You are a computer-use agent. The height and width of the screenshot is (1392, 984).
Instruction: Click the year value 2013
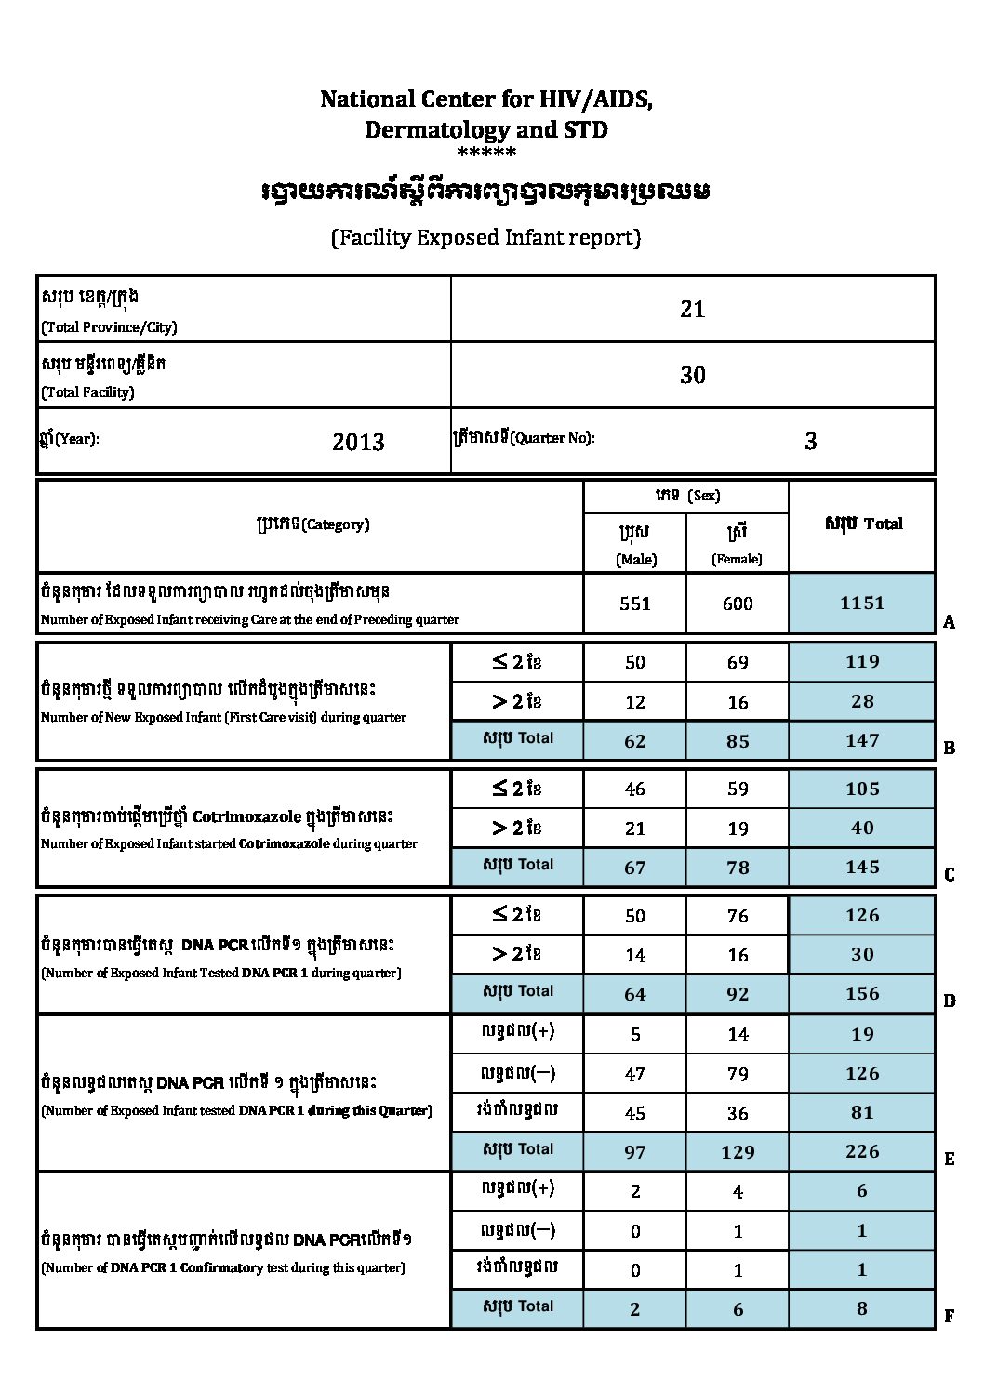click(x=358, y=442)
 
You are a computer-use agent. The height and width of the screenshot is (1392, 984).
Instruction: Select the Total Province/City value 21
click(x=693, y=310)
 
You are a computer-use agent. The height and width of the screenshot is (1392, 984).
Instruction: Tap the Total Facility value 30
click(x=693, y=376)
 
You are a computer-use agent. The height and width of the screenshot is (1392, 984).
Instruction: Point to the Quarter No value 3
click(x=810, y=442)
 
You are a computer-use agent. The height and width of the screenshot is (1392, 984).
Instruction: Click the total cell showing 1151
click(x=861, y=603)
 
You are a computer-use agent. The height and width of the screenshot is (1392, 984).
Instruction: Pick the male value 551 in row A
click(x=634, y=603)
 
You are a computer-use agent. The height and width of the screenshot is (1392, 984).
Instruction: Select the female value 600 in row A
click(x=737, y=603)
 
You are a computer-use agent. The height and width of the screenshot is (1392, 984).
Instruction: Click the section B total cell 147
click(x=861, y=740)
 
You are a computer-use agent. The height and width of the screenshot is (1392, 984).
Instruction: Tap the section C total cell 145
click(x=861, y=867)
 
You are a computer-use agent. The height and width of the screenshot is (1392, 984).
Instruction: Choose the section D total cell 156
click(x=861, y=993)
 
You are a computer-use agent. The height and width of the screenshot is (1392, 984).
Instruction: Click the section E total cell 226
click(x=861, y=1151)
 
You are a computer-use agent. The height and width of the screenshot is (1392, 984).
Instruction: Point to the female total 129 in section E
click(x=737, y=1152)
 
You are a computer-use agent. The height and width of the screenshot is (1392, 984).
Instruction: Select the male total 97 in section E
click(x=634, y=1152)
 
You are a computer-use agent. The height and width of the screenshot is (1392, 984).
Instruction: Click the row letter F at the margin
click(x=949, y=1317)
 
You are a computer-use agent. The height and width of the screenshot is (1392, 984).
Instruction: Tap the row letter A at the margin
click(x=949, y=623)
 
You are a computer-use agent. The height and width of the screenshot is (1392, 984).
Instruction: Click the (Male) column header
click(x=635, y=559)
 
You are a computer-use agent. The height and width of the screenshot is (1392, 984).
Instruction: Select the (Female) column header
click(x=737, y=559)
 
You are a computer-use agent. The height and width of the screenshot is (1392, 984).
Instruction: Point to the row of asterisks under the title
click(x=486, y=152)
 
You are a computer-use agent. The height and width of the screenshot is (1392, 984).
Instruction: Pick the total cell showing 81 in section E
click(x=861, y=1112)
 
